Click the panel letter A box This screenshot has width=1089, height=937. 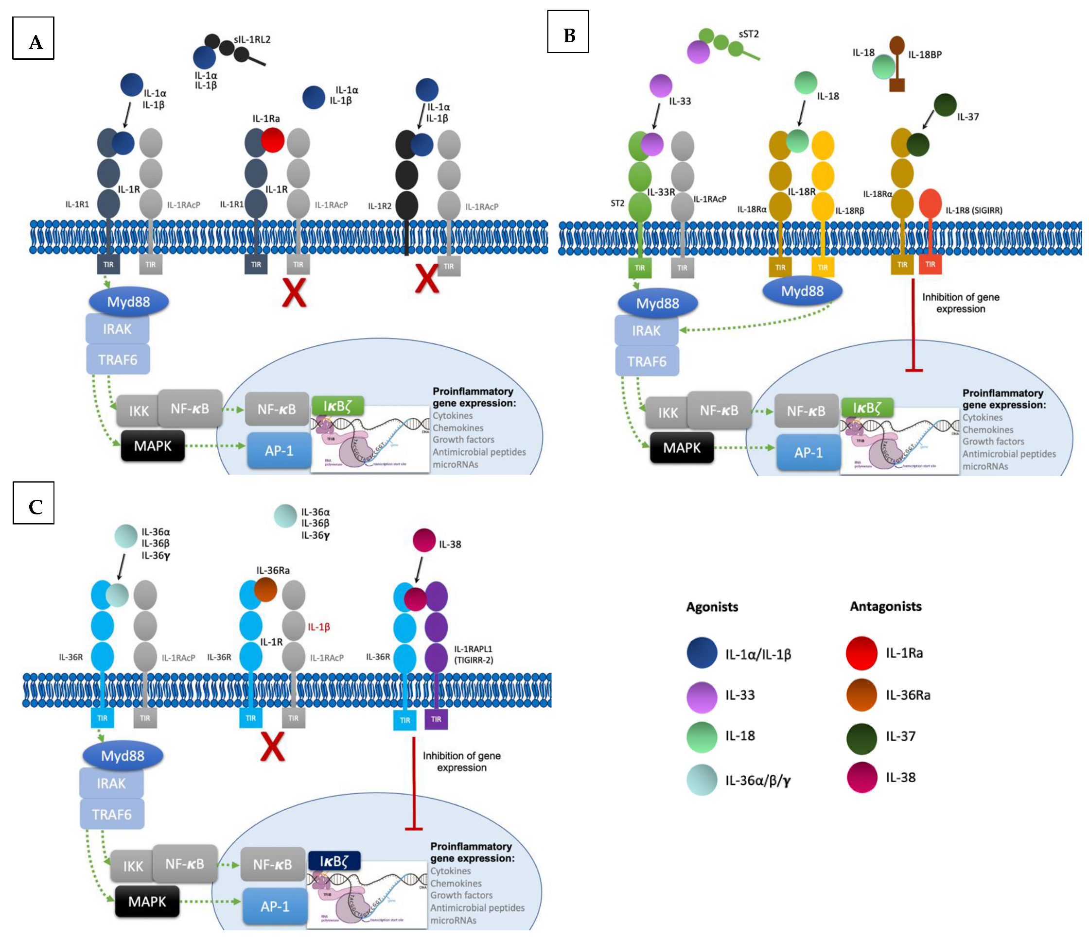coord(33,38)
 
